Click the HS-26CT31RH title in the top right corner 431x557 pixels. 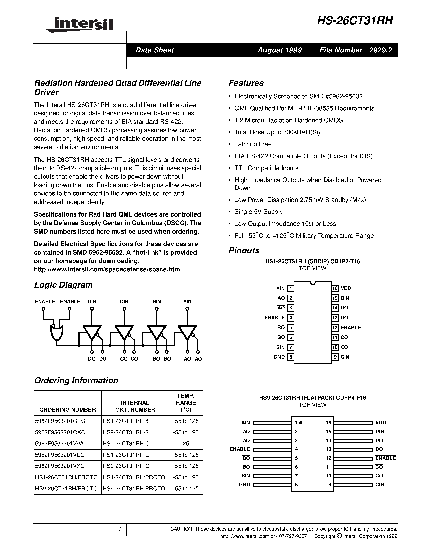(355, 21)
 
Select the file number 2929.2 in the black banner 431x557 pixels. (380, 50)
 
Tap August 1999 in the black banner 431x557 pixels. (279, 50)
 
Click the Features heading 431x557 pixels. (246, 83)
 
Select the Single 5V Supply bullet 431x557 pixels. (258, 212)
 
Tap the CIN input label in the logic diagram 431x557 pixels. (124, 301)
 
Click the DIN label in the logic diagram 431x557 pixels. (92, 301)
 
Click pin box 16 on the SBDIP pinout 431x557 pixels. (335, 288)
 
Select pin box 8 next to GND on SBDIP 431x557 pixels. (290, 357)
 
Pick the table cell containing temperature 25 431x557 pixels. (186, 444)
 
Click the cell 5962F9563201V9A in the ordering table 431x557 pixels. (59, 444)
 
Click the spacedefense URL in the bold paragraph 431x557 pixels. (107, 269)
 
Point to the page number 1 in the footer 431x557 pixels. (119, 529)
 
